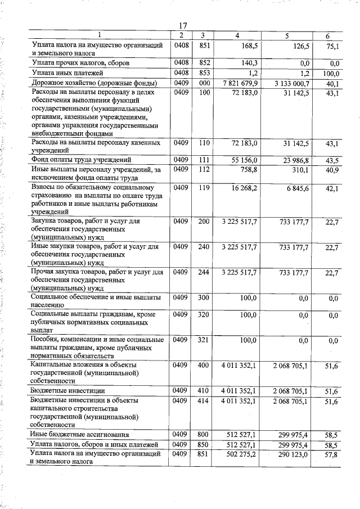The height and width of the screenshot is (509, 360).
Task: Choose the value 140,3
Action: click(247, 63)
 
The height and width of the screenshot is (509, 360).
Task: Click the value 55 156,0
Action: click(243, 160)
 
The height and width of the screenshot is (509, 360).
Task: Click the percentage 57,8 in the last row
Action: click(331, 454)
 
